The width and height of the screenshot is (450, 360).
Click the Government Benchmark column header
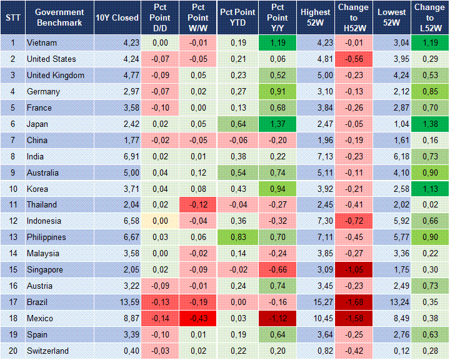coord(59,17)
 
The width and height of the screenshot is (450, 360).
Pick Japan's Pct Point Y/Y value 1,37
coord(276,124)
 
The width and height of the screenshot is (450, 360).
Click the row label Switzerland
coord(47,351)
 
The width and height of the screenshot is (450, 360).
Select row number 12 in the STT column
coord(12,221)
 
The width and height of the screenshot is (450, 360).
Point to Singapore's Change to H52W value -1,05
coord(352,270)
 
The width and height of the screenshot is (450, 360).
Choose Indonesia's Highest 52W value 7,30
coord(316,221)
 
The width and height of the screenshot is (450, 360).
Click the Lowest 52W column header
coord(392,17)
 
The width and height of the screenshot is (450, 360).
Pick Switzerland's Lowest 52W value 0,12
coord(392,351)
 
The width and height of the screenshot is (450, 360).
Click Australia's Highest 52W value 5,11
coord(316,172)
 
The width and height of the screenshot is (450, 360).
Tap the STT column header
coord(12,17)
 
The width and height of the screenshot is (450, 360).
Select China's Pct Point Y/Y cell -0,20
coord(276,140)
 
